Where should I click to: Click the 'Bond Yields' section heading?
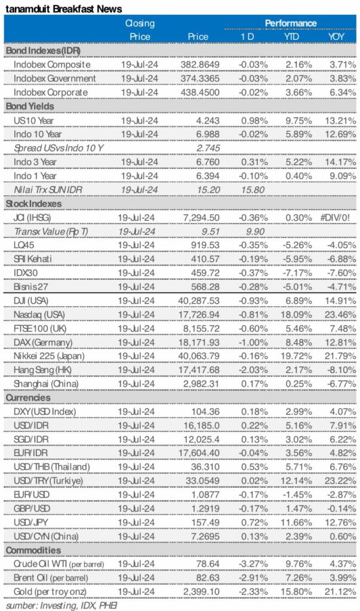(x=30, y=106)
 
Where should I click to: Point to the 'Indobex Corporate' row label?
(x=50, y=92)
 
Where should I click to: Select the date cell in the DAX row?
(x=138, y=342)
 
